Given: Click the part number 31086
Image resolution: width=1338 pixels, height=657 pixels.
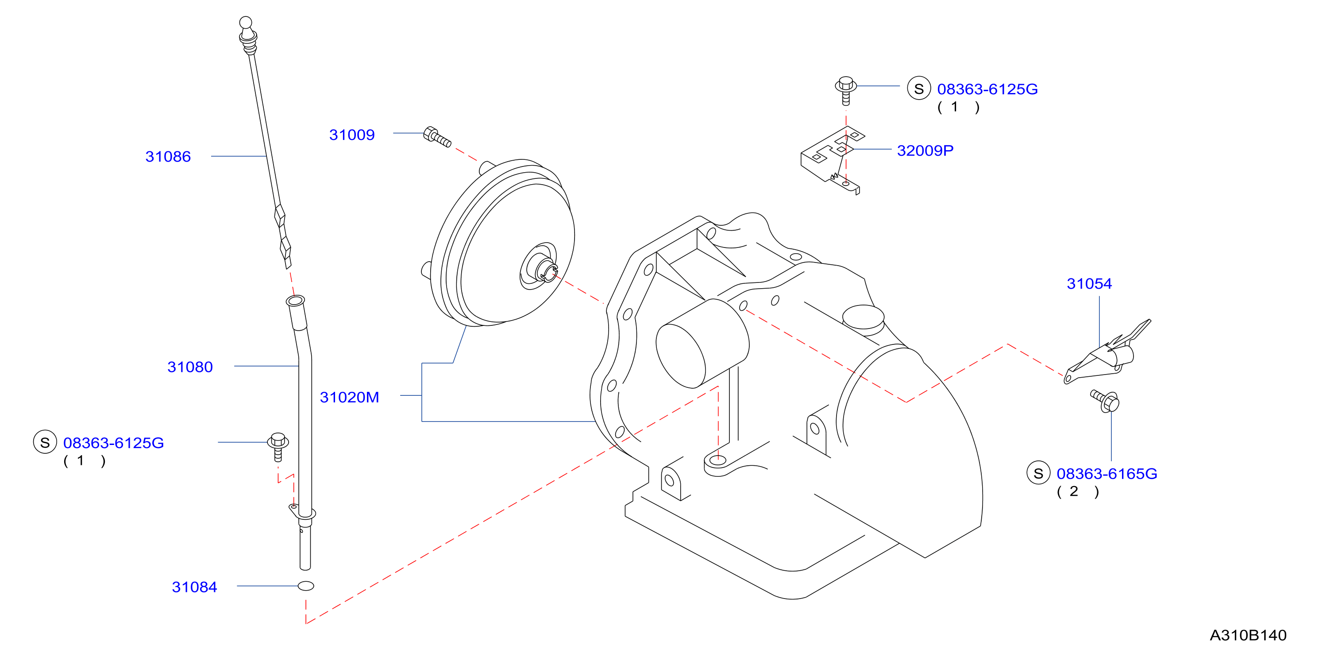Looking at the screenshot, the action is [168, 156].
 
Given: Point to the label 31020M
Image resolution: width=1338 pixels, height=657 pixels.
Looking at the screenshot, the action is [349, 397].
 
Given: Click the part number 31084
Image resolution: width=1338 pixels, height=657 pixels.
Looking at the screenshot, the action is [194, 587].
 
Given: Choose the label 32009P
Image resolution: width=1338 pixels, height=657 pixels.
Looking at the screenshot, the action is [925, 151].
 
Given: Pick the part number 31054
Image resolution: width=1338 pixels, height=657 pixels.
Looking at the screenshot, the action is [1089, 284].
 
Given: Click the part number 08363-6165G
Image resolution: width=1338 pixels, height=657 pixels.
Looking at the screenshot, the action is [1107, 474].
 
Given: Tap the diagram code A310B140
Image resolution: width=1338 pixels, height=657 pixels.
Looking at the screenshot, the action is [1248, 635].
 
